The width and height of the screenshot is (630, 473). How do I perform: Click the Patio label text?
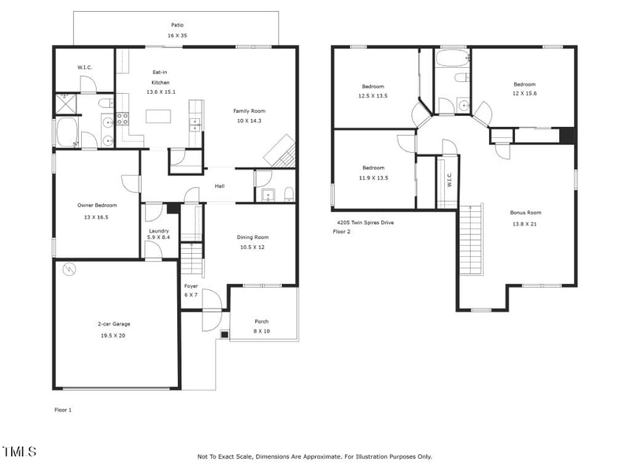coord(177,25)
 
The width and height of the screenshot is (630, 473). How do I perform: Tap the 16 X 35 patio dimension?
coord(177,36)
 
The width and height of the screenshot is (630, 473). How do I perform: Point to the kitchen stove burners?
coord(123,119)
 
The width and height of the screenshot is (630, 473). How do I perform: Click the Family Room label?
coord(249,110)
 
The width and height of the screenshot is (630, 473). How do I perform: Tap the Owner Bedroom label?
coord(97,205)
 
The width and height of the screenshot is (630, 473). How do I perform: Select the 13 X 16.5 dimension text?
coord(97,216)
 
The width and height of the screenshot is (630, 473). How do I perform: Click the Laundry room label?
coord(158,229)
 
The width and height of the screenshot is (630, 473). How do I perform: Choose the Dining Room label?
coord(253,236)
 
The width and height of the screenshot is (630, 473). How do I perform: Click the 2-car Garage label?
coord(113,324)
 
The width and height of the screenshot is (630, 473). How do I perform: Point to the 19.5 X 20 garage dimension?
coord(113,335)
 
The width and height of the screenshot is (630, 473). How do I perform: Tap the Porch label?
coord(261,321)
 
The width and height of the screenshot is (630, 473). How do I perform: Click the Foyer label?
coord(191,285)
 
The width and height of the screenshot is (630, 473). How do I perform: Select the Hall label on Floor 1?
coord(220,187)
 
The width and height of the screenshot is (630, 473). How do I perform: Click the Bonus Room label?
coord(525,213)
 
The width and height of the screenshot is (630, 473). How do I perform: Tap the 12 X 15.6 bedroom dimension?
coord(524,95)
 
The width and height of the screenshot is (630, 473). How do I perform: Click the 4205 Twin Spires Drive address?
coord(365,223)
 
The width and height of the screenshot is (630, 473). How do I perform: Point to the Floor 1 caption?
coord(64,410)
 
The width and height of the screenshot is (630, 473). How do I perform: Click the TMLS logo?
coord(20,452)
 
